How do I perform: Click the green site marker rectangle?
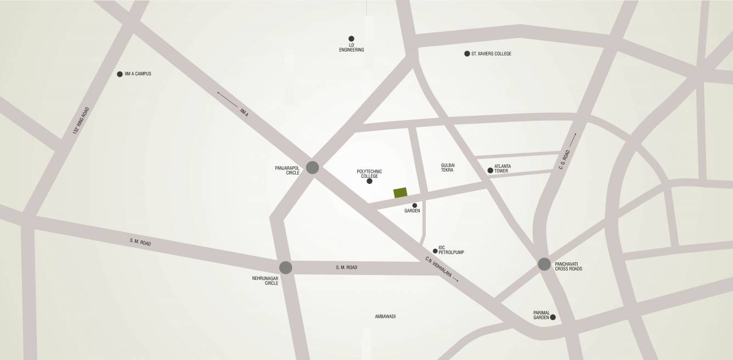point(401,193)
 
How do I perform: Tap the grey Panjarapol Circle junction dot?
point(312,167)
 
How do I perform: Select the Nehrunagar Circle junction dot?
point(285,268)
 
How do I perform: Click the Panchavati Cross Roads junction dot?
point(544,264)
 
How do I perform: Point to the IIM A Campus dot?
point(120,74)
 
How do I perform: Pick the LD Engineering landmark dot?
point(351,39)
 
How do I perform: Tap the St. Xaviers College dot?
point(467,54)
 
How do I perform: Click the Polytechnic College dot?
point(369,181)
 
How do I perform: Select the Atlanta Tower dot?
point(490,171)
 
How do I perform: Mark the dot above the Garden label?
point(415,205)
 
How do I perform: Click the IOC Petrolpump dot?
point(435,251)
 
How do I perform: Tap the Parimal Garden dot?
point(552,317)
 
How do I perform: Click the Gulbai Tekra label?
point(448,168)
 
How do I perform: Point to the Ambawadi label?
point(385,317)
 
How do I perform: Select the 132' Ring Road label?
point(81,121)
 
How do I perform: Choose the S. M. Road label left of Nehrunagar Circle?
point(140,243)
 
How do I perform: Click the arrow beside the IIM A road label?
point(227,100)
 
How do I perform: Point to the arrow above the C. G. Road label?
point(573,139)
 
